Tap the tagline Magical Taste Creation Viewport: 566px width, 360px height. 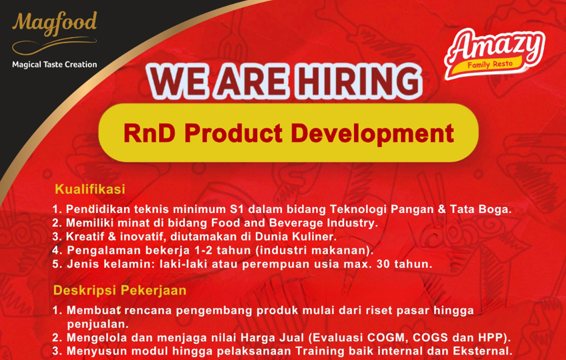click(x=55, y=64)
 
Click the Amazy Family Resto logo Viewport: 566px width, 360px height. click(x=494, y=53)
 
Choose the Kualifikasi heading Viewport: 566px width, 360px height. click(x=90, y=189)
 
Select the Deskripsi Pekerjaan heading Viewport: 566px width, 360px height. click(x=120, y=290)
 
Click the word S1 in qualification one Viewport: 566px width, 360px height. click(x=237, y=209)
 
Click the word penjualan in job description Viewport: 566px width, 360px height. click(x=98, y=324)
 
